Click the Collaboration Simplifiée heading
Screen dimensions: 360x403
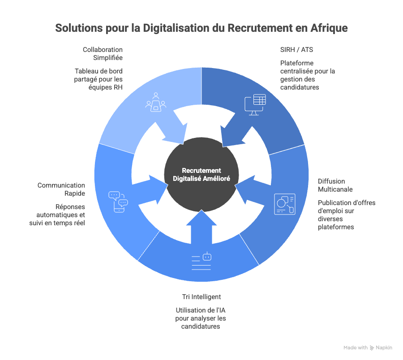[103, 53]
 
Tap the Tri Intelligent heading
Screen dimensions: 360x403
[201, 297]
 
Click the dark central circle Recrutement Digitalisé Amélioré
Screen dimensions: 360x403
[201, 175]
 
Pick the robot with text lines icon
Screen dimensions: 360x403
[201, 261]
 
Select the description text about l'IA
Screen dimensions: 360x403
[201, 318]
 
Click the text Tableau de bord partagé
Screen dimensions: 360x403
[99, 79]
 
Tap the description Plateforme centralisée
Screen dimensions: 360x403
[308, 75]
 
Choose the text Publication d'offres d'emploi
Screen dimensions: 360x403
[347, 215]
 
